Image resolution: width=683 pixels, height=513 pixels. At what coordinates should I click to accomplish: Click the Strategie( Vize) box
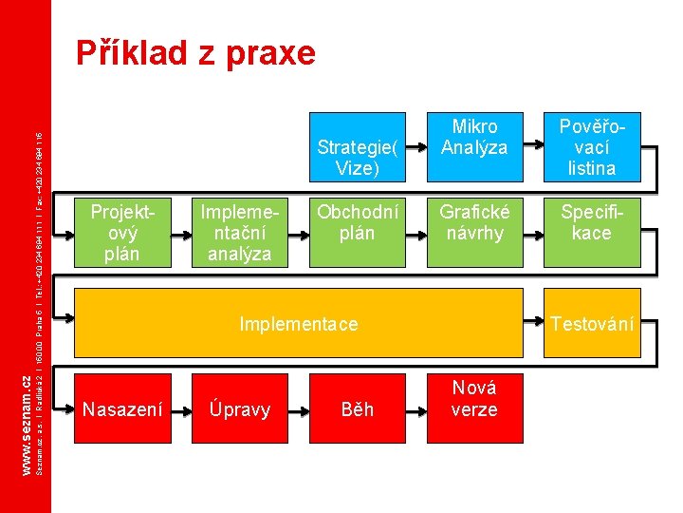357,148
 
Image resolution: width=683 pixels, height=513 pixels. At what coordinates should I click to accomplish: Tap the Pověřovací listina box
591,147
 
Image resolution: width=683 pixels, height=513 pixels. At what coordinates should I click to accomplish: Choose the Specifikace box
591,232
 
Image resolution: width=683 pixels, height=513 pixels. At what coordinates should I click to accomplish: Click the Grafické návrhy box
474,232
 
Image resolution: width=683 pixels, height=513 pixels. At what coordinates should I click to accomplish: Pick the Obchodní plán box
357,232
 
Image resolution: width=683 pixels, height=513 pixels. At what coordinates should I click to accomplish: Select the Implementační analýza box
240,232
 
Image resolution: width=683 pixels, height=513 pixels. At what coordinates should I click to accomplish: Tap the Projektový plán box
122,232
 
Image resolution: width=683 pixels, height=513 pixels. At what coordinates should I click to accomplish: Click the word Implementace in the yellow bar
299,324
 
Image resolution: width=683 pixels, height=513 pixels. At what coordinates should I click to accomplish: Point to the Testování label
592,324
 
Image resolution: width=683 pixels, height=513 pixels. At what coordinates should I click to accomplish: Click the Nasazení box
122,409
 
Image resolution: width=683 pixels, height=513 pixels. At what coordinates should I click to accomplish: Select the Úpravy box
240,409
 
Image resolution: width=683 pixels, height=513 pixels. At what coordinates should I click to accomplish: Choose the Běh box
357,409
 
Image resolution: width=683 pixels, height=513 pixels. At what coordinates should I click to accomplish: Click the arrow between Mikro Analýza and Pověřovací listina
533,147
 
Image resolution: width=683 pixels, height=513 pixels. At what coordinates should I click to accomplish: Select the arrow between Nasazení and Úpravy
181,409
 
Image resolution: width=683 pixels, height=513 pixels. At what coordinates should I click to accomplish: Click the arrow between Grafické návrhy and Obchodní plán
416,232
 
